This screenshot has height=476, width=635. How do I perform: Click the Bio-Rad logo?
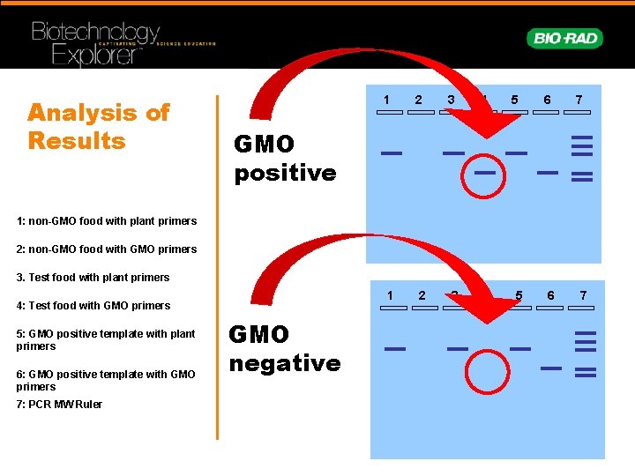[564, 38]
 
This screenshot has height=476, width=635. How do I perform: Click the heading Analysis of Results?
[98, 126]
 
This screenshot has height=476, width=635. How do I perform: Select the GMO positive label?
[284, 158]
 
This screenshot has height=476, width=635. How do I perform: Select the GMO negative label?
[284, 348]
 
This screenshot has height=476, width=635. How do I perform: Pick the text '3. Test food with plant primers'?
[93, 278]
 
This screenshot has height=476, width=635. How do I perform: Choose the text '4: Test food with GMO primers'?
[93, 306]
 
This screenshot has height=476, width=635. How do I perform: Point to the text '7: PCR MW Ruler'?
[58, 405]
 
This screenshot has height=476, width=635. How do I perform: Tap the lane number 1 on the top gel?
[386, 100]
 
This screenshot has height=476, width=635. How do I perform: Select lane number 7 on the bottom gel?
[583, 295]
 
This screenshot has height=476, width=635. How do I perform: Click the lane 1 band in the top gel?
[392, 153]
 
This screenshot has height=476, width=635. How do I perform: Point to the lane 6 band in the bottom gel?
[551, 368]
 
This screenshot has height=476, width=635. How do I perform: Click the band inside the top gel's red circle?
[484, 173]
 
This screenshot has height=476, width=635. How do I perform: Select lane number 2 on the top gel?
[419, 100]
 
